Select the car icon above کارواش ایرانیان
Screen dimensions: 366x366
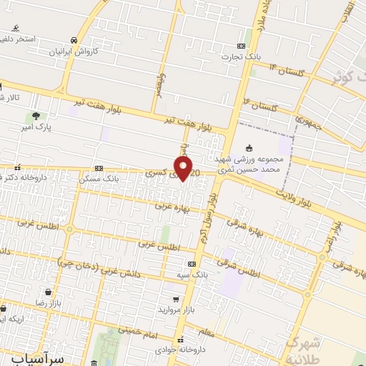[x=74, y=41]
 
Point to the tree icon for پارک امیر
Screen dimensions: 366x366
[x=34, y=115]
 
